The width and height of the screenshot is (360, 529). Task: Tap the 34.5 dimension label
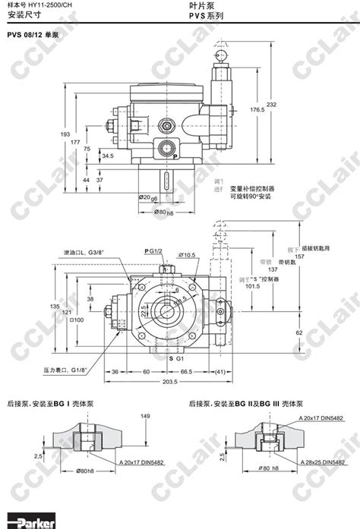pyautogui.click(x=107, y=156)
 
